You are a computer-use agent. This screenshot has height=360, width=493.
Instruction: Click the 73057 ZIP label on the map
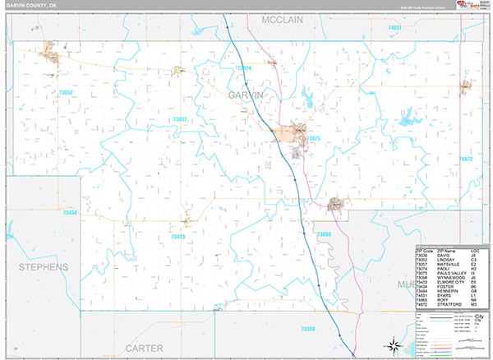pos(180,120)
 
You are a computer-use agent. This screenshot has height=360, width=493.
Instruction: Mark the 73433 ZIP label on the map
pos(177,237)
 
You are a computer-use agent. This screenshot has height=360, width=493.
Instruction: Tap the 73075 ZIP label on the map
pos(313,139)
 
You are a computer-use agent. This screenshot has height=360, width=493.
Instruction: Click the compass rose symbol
pos(394,345)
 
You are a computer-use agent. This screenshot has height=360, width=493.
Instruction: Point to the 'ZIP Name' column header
pos(447,250)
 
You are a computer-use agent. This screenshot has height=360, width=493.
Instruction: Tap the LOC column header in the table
pos(475,250)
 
